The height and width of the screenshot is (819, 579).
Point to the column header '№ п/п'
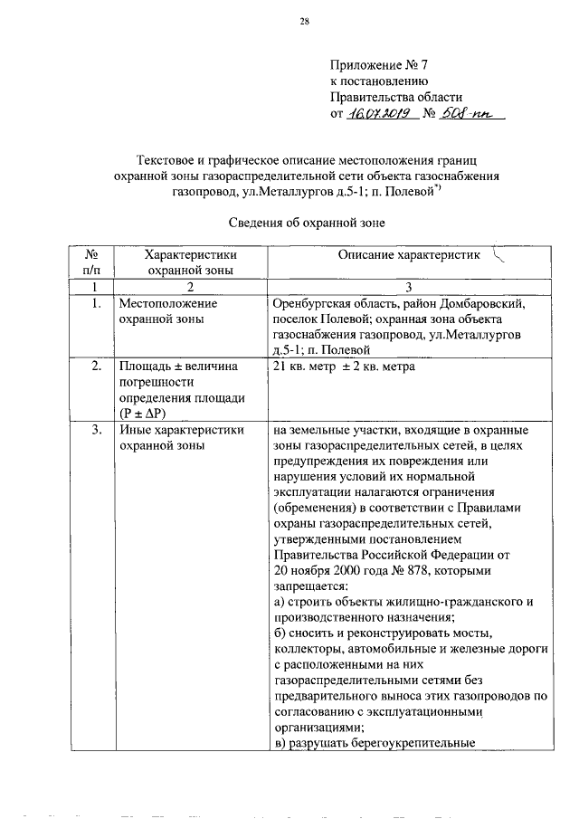coord(90,262)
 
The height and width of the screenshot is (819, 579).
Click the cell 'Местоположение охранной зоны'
coord(166,312)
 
